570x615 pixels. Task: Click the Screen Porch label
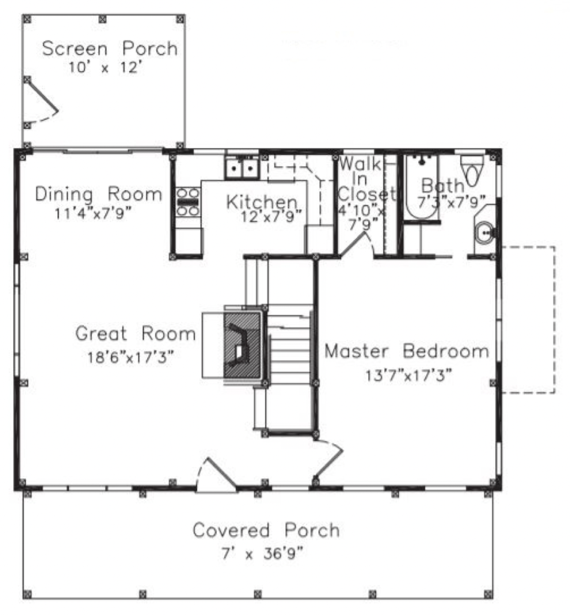point(110,49)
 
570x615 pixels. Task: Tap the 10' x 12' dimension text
point(104,67)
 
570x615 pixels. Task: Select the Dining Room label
point(99,194)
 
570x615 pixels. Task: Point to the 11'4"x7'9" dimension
point(92,213)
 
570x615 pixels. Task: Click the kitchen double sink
point(241,168)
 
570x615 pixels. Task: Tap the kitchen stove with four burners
point(188,202)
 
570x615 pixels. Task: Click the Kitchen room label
point(262,202)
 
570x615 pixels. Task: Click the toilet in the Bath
point(473,170)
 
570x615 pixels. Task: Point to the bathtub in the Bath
point(422,187)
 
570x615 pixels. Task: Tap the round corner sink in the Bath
point(485,233)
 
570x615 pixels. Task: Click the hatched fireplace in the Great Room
point(243,345)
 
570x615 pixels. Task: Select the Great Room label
point(136,333)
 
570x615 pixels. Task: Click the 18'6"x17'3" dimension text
point(130,357)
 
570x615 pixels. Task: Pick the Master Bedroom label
point(407,351)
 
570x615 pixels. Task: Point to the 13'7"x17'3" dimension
point(409,375)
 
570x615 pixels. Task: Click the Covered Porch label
point(266,530)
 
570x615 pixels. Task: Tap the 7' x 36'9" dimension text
point(262,554)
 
